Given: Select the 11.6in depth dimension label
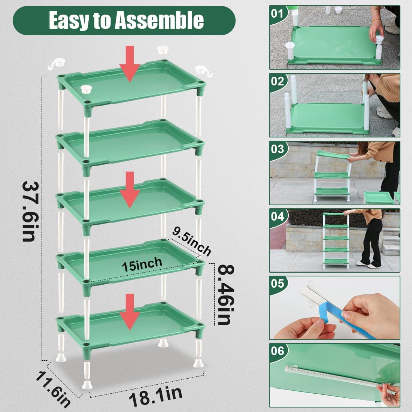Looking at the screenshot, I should point(53,388).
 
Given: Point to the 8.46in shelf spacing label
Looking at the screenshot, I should point(224,295).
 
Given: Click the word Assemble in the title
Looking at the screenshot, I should point(159,20).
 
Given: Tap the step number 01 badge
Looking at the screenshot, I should point(278,14).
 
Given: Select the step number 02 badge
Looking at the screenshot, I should point(278,81).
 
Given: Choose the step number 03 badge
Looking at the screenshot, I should point(278,149).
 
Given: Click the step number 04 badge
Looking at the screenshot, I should point(278,216).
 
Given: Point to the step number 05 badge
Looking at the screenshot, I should point(278,284).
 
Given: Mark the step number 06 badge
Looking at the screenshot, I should point(278,351).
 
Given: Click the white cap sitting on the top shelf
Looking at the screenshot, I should point(87,89).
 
